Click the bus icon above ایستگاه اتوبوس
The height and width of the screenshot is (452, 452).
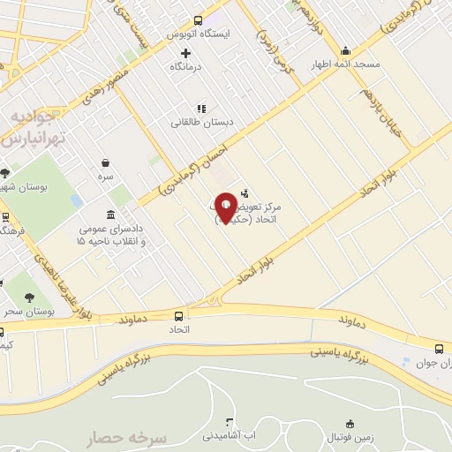[x=197, y=19]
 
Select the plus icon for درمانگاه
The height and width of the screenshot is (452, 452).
[x=185, y=53]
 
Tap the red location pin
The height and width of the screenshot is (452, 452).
[x=225, y=207]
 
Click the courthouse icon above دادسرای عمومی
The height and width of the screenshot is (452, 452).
[x=109, y=215]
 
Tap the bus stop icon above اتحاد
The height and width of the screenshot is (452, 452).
[x=180, y=316]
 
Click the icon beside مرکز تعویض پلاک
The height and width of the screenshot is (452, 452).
[x=244, y=192]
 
